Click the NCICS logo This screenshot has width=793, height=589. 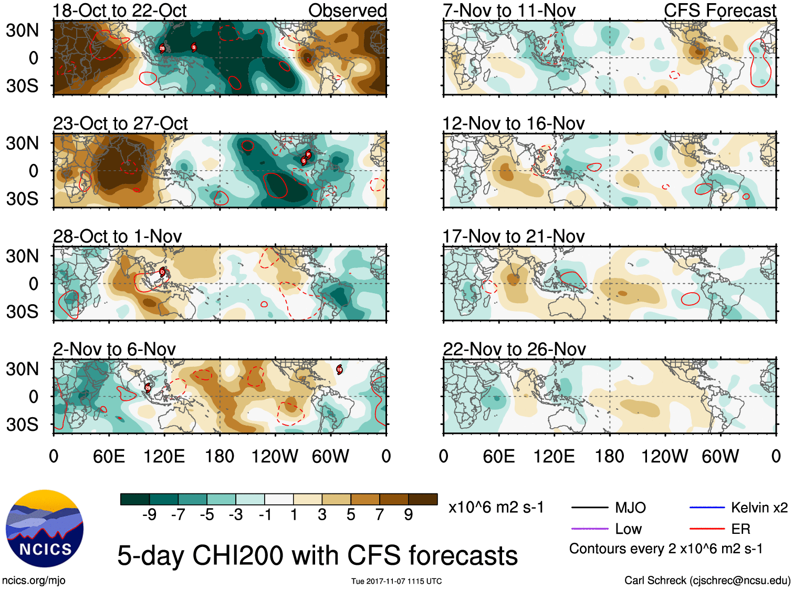point(44,529)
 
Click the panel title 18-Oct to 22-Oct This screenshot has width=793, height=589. point(120,11)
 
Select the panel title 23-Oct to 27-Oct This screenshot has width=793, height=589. point(120,123)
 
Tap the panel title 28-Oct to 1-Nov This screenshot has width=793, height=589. point(117,236)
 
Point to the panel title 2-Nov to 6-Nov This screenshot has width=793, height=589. point(114,349)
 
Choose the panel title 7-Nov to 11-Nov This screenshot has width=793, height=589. point(509,11)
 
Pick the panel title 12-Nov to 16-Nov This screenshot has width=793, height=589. point(513,123)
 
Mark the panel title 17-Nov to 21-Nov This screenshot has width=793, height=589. point(513,236)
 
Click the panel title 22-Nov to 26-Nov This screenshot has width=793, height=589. point(514,349)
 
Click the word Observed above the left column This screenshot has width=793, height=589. point(347,11)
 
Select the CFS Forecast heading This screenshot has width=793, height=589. point(719,11)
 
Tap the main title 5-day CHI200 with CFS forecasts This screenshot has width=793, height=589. point(317,555)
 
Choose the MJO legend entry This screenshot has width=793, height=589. point(630,508)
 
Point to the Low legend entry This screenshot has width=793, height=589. point(628,529)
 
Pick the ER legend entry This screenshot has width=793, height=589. point(740,529)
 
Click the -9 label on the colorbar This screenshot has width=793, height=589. point(149,514)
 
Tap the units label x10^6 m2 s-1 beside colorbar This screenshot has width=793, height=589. point(496,508)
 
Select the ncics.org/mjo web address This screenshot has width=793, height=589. point(34,581)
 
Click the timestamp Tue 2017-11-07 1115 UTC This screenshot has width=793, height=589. point(396,581)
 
